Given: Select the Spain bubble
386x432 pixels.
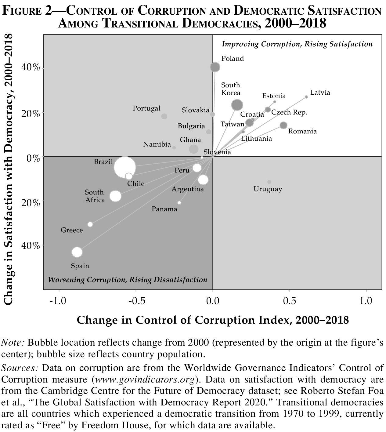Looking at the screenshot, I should (x=77, y=252).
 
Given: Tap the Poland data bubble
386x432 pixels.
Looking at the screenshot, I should (x=215, y=67).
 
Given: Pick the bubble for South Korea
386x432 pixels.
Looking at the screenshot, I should (x=237, y=105).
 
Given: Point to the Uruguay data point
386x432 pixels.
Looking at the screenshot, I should (x=269, y=182).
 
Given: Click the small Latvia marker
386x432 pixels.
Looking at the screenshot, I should (x=306, y=97).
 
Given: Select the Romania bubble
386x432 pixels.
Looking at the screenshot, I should (x=283, y=125).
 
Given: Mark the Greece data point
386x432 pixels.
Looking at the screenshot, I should (x=90, y=224).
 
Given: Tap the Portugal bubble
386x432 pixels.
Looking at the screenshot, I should (x=164, y=116).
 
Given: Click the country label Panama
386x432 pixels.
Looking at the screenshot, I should (x=164, y=209).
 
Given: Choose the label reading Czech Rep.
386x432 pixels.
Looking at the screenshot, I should (x=289, y=112).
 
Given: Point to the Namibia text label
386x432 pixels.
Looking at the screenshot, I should (x=157, y=144).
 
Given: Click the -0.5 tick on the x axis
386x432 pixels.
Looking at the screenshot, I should (x=136, y=301).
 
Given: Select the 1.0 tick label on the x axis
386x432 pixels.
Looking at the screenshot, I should (x=366, y=301).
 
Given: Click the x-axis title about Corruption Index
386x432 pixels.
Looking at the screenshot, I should (x=213, y=320).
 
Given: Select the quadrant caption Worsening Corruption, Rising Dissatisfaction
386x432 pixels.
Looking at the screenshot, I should (x=128, y=280).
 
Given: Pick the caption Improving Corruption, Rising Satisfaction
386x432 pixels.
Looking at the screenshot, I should (x=297, y=44).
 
